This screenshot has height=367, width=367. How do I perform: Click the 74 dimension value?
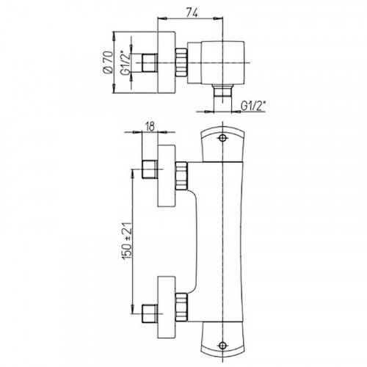coord(192,12)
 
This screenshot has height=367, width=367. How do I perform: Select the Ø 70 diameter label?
coord(108,62)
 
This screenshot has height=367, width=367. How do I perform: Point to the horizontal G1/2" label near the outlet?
coord(253,106)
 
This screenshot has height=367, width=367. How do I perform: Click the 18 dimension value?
coord(150,126)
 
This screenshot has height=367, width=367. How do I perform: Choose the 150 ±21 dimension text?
coord(127,241)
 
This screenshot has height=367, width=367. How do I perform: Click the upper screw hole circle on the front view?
coord(222,138)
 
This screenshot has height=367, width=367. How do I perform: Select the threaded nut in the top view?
coord(181,62)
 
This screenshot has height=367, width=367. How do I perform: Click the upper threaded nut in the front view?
coord(181,176)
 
